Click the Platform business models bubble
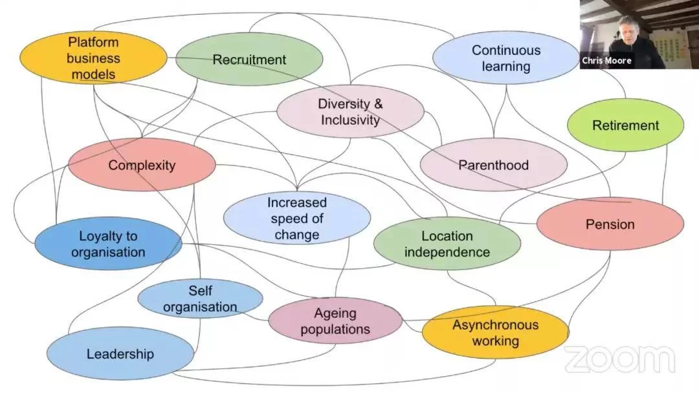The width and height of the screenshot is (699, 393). point(93,58)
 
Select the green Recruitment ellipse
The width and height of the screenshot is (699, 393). point(249,59)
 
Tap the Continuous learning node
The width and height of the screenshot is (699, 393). point(505,58)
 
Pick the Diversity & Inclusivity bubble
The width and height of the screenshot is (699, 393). point(350,112)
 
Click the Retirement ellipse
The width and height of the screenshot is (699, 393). point(625,125)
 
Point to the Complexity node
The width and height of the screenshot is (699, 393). point(142,165)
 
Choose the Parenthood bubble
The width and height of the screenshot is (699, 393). point(493,165)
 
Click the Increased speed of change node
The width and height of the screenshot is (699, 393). point(297,218)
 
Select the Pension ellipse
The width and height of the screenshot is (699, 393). point(610,224)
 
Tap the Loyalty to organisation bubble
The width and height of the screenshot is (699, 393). point(108,244)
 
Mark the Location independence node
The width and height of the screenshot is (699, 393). point(447,244)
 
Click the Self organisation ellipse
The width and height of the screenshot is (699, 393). point(200,299)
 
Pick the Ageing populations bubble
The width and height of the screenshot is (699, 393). point(335,321)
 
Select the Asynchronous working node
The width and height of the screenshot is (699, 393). point(495,332)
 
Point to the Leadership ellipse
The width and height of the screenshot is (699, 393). point(120,354)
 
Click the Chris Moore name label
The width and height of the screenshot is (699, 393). point(606,61)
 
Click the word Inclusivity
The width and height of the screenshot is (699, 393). point(350,120)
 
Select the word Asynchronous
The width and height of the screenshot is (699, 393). point(495,324)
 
